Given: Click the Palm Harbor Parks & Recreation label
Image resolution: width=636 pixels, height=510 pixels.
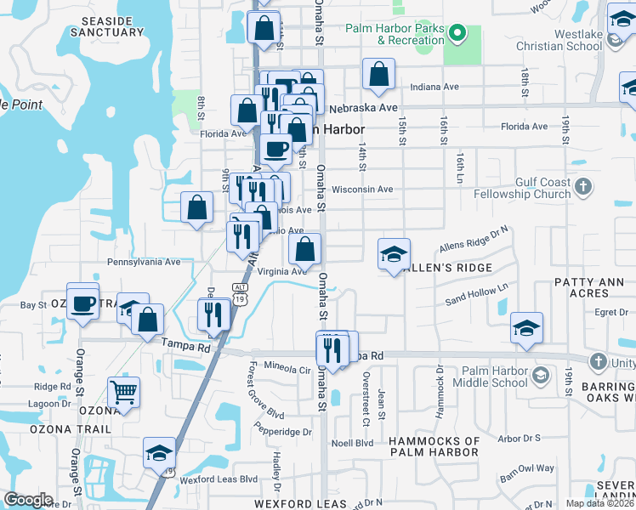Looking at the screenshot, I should tap(395, 34).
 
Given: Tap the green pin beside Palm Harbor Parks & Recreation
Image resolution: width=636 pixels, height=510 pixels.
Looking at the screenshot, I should tap(457, 34).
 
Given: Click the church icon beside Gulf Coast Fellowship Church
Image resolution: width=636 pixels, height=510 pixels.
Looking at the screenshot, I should tap(583, 187).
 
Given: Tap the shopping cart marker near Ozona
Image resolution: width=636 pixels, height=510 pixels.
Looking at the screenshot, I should tap(123, 393).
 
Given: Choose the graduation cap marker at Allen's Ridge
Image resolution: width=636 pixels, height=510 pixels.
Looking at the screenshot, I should tap(394, 254).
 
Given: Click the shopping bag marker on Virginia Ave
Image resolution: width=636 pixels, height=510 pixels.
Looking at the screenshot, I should tap(305, 249).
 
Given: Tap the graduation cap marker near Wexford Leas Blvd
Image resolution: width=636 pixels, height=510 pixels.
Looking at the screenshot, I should tap(159, 453).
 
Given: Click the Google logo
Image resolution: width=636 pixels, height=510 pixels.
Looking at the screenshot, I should tap(29, 500).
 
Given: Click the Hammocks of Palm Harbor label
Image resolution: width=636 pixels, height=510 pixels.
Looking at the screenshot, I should tap(434, 446).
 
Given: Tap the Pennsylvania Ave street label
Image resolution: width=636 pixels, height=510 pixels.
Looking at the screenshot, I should tap(144, 263).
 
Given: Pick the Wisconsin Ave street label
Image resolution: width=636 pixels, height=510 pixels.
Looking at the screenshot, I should tap(362, 190).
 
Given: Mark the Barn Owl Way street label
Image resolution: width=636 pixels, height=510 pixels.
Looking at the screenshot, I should tap(527, 468).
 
